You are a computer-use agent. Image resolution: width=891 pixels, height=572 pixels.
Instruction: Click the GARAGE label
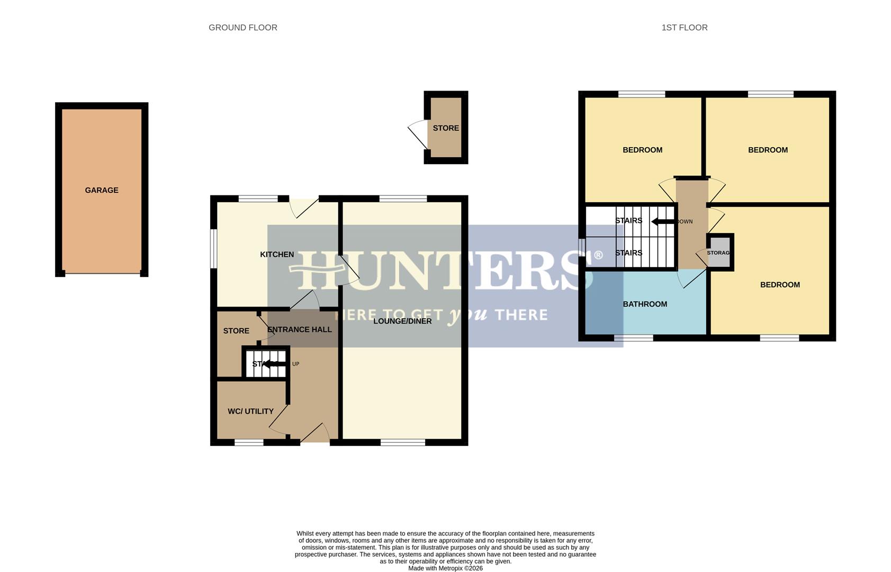(102, 190)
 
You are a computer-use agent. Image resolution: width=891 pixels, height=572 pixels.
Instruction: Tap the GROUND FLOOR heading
(243, 28)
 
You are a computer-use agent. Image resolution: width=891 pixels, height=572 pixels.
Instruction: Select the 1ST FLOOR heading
(684, 28)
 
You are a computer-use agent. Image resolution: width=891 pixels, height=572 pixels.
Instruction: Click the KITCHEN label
(277, 255)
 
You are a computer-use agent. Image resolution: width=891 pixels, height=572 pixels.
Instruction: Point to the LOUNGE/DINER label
(402, 321)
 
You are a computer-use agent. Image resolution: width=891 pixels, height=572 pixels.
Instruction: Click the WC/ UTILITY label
(250, 412)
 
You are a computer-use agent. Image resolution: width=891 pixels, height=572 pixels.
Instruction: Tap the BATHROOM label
(645, 304)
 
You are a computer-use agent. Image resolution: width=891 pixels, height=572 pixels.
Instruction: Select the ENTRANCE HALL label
(300, 329)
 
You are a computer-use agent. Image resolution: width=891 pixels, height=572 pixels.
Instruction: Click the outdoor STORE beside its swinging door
(446, 128)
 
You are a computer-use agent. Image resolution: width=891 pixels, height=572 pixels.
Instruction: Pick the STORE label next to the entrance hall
(236, 331)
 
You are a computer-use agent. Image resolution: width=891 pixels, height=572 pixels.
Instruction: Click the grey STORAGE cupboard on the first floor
(719, 253)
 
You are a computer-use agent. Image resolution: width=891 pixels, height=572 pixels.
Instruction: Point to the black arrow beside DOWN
(662, 221)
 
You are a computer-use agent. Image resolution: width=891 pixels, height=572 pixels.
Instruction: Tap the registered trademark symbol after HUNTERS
(598, 255)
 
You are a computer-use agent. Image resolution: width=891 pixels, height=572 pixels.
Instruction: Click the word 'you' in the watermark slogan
(467, 315)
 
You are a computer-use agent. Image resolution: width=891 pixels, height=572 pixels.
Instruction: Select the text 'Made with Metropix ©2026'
(445, 568)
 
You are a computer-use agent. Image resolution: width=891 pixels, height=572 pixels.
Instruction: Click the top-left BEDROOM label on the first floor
(642, 150)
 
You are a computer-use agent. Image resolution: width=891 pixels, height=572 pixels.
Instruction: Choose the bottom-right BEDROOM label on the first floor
(780, 285)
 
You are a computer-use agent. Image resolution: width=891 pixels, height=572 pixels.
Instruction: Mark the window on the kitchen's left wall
(213, 248)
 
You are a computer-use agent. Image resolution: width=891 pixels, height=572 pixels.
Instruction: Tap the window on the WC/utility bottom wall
(249, 442)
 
